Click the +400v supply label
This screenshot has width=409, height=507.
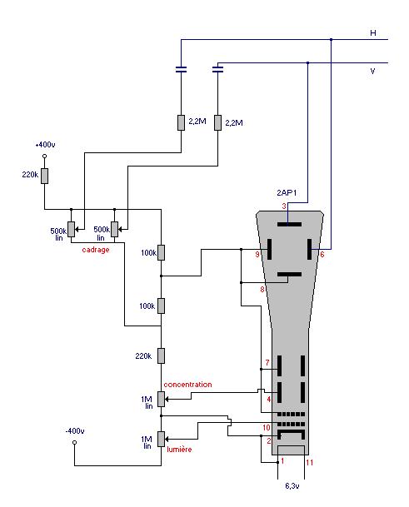click(x=45, y=145)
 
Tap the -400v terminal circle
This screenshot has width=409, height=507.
click(x=74, y=442)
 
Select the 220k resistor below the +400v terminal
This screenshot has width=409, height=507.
click(x=45, y=176)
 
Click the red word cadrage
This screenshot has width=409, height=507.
click(x=96, y=250)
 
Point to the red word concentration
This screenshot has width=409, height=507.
click(x=187, y=385)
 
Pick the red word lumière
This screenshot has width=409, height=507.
click(x=179, y=449)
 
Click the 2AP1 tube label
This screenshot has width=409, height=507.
click(x=287, y=192)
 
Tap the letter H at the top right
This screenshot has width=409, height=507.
click(x=373, y=33)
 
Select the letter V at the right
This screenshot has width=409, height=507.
click(x=372, y=71)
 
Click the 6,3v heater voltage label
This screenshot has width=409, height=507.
click(x=292, y=485)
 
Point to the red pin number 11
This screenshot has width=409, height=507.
click(x=310, y=463)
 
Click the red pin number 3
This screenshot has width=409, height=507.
click(x=284, y=206)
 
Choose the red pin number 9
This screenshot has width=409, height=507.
click(x=257, y=255)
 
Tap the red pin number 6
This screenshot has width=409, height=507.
click(x=322, y=255)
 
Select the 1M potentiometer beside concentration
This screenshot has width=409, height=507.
click(x=161, y=400)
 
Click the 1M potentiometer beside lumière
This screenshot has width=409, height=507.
click(x=161, y=439)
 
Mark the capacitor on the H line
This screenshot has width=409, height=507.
click(x=181, y=69)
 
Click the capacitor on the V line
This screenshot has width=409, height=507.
click(x=217, y=69)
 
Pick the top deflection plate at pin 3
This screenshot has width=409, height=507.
click(x=290, y=224)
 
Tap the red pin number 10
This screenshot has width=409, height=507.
click(x=267, y=428)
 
